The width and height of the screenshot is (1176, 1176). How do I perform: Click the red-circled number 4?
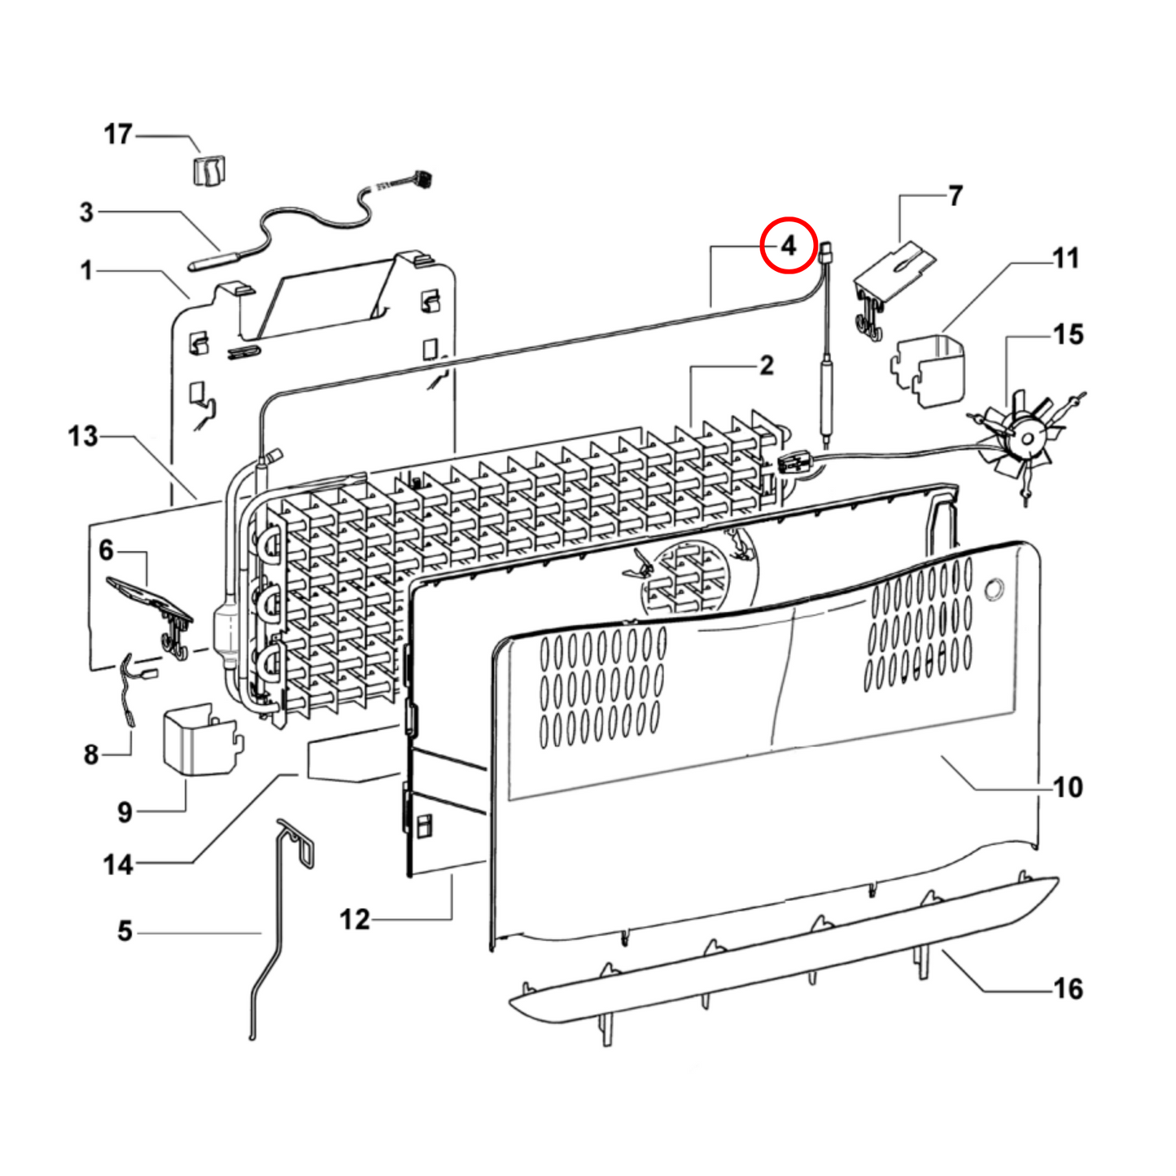click(788, 245)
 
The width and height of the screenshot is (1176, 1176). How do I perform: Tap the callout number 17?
click(118, 134)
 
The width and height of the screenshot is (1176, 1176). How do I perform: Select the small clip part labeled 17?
click(209, 171)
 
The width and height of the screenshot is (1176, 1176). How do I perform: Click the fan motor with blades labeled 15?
click(1025, 439)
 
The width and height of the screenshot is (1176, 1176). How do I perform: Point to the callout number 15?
click(1068, 334)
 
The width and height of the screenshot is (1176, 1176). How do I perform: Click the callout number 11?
click(1065, 259)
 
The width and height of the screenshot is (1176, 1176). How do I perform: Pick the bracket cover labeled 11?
click(930, 370)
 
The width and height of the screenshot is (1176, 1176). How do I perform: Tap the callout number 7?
click(955, 196)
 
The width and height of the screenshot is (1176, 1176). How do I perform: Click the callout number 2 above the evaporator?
click(766, 366)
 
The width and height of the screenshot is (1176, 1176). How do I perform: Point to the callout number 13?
click(83, 436)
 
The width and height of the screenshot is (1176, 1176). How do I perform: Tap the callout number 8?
click(91, 754)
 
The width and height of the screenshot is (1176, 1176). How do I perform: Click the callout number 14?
click(118, 864)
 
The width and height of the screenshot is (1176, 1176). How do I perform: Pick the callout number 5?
click(125, 931)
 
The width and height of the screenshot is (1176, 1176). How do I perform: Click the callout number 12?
click(355, 920)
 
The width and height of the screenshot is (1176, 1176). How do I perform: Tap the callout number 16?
click(1068, 989)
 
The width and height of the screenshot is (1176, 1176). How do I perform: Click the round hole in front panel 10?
click(994, 589)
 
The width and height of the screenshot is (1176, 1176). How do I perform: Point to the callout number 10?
click(1068, 787)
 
